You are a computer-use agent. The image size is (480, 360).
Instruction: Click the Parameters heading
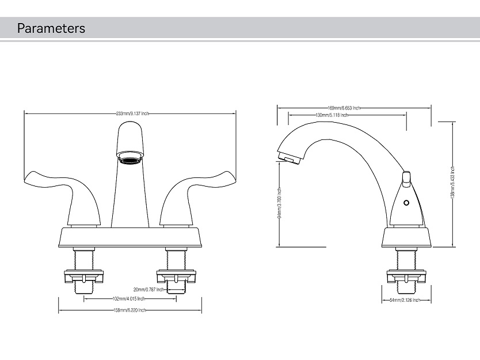point(51,28)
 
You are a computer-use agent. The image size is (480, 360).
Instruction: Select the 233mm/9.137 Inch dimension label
point(132,113)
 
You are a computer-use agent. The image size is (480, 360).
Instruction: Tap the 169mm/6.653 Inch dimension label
point(344,108)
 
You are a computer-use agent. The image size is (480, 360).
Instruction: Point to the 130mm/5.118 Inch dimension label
point(332,115)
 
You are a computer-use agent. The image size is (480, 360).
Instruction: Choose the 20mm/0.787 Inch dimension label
point(148,290)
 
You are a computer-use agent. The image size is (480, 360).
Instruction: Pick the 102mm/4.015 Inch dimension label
point(128,299)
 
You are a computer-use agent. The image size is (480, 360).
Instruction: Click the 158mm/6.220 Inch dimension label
point(130,310)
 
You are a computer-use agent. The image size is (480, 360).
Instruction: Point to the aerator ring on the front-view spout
point(130,156)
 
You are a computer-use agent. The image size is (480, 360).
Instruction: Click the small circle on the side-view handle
point(406,203)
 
